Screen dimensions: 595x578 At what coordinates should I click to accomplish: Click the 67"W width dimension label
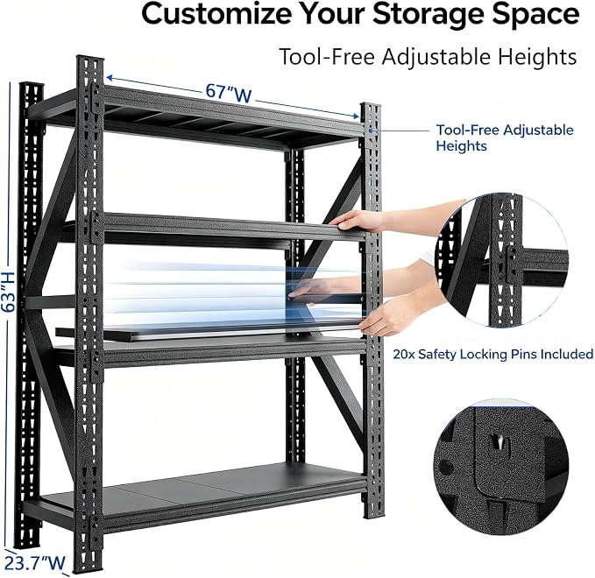229,93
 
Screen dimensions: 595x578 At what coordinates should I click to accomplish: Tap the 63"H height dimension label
9,293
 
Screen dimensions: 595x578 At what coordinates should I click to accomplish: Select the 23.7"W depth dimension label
35,563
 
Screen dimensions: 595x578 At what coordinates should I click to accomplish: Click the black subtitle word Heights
537,58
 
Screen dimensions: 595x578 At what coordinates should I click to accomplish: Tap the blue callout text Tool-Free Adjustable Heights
505,137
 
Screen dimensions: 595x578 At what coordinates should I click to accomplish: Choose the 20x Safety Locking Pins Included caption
493,354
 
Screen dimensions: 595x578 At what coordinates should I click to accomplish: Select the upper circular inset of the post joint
502,260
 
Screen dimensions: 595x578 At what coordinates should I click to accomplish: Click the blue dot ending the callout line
371,130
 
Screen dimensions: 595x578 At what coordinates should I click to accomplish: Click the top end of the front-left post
90,58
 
